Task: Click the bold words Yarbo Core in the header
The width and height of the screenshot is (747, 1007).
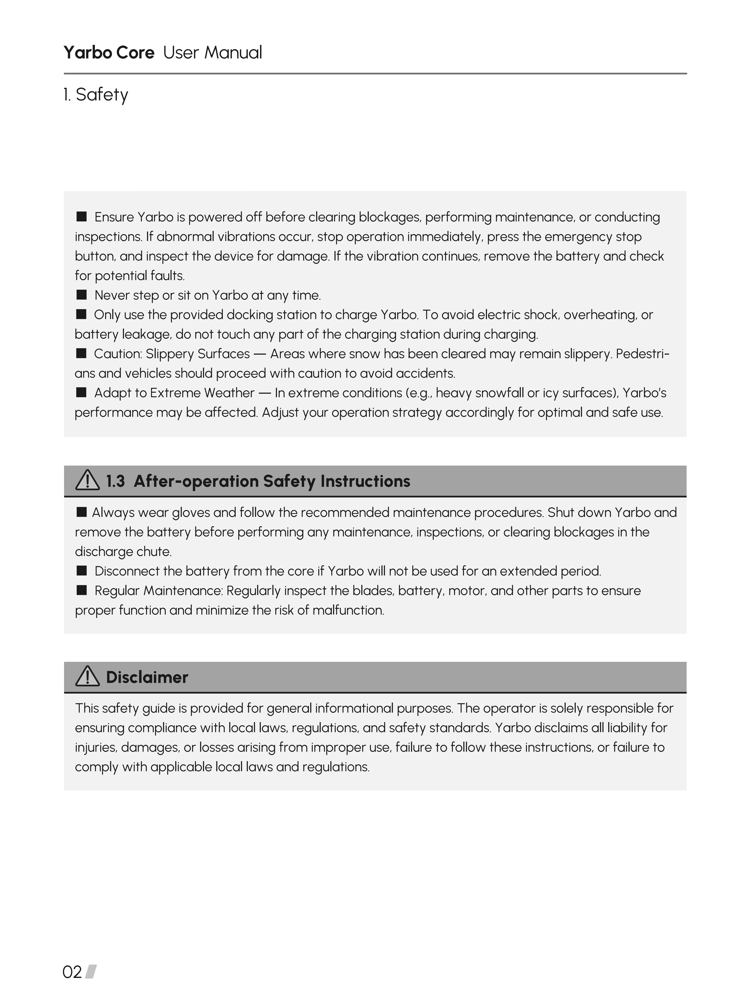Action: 109,52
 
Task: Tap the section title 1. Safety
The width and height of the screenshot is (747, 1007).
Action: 96,95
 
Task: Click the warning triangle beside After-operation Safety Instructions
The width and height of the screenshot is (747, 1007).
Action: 87,480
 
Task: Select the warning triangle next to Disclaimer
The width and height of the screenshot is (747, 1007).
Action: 87,677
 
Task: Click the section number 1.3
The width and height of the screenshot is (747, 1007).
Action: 115,481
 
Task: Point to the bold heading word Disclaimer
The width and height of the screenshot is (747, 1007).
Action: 147,677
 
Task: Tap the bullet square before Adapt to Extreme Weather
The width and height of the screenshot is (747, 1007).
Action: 81,392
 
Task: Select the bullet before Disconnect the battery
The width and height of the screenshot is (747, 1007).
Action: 81,570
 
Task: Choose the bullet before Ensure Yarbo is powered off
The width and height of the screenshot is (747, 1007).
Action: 81,217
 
